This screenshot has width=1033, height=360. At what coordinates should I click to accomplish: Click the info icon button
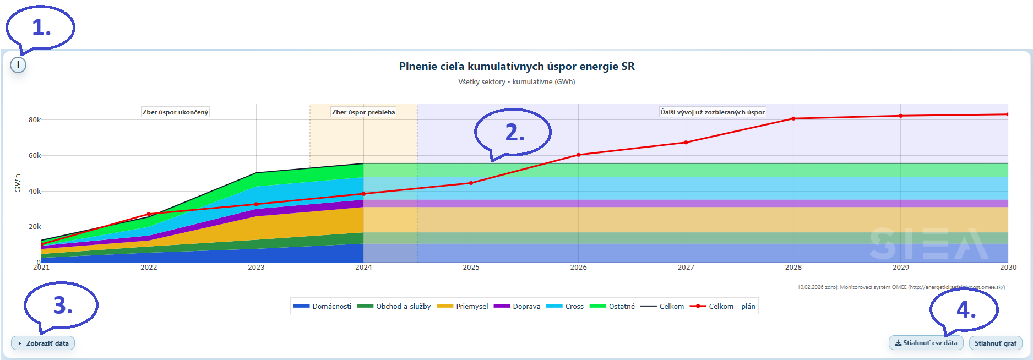click(x=18, y=65)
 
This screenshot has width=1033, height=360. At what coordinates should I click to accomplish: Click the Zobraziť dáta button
click(x=43, y=343)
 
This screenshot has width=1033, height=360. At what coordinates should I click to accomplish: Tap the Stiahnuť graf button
click(x=995, y=343)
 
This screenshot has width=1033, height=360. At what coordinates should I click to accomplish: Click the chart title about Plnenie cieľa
click(x=516, y=67)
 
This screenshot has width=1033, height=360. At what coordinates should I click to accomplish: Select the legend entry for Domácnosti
click(x=322, y=307)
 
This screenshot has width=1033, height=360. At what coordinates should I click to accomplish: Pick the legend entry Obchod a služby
click(x=394, y=307)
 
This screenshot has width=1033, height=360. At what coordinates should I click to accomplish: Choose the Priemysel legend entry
click(x=463, y=307)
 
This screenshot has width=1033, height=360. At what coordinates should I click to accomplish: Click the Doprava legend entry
click(x=517, y=307)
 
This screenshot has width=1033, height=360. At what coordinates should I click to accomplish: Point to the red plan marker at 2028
click(x=793, y=118)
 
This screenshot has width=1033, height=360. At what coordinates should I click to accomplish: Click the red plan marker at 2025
click(x=471, y=183)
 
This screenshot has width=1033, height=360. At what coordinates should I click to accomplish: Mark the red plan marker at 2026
click(x=578, y=155)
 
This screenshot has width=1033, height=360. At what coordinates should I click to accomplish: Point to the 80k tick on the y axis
click(x=35, y=120)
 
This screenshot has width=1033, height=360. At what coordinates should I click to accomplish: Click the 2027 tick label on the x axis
click(x=686, y=268)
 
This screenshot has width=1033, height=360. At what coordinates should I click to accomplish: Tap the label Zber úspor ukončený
click(x=175, y=112)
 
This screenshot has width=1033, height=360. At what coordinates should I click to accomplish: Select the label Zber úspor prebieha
click(x=363, y=112)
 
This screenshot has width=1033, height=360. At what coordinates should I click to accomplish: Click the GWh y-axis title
click(x=18, y=183)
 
